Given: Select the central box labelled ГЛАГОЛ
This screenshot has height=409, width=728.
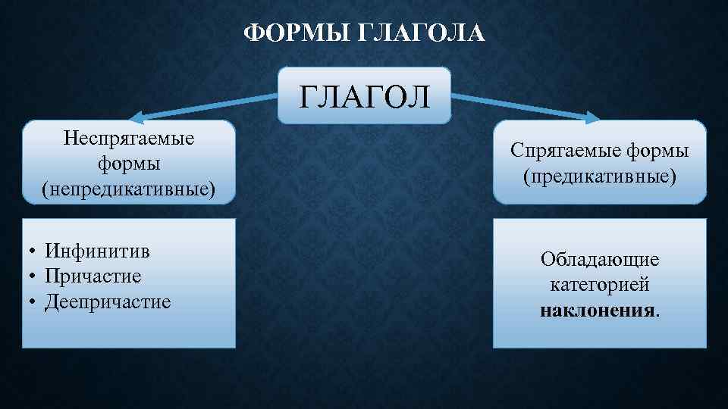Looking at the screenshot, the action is [x=364, y=96].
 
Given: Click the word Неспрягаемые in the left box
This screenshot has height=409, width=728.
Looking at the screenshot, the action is [x=129, y=138].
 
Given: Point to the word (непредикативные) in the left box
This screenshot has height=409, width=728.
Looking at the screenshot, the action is [x=129, y=187].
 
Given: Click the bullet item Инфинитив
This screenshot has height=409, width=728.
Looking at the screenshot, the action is [x=97, y=250].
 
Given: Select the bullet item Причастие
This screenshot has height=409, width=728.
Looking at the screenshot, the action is [x=93, y=276].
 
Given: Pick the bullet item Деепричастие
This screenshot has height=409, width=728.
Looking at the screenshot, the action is [x=108, y=302].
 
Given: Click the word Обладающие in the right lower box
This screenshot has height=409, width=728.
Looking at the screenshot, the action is [x=600, y=260].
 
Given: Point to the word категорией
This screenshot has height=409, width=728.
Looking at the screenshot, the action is [x=600, y=286].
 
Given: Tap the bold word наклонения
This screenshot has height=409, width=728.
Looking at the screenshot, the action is [x=598, y=311].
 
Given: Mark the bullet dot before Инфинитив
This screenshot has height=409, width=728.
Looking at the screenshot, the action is [x=34, y=251].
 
